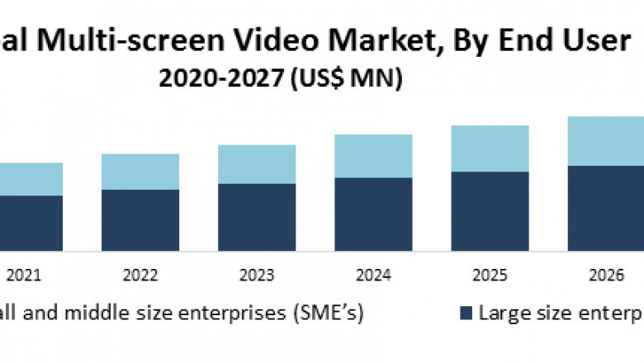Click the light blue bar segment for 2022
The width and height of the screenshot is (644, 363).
pos(140,172)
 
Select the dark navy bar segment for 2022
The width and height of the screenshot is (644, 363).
pos(140,219)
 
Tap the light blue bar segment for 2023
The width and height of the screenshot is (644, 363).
pos(257,164)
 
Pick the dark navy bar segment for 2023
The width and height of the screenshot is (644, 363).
pos(257,216)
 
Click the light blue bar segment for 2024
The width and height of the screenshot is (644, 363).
pos(373,156)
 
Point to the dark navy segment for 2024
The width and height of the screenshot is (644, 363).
pos(373,214)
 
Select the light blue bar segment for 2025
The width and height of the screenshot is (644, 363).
pos(490,148)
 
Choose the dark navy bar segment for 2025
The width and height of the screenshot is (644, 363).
pos(490,210)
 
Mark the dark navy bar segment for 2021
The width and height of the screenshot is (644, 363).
pos(31,222)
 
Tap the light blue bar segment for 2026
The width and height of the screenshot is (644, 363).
pos(606,141)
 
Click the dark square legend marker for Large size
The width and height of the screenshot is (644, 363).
pos(466,313)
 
